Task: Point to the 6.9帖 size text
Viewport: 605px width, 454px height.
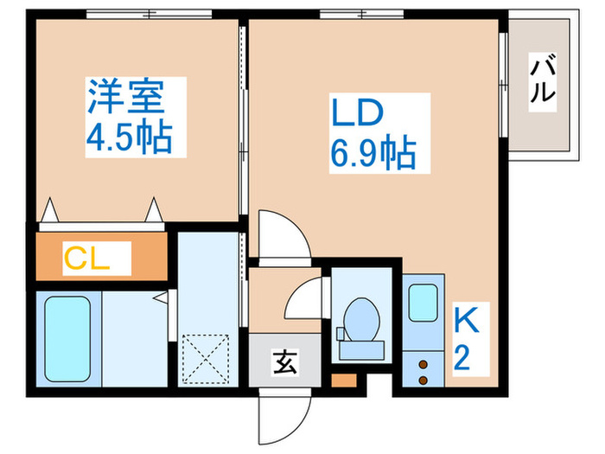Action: (371, 153)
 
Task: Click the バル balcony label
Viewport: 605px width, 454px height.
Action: (543, 78)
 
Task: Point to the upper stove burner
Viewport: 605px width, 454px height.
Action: (423, 364)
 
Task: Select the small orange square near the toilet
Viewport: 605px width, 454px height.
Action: (344, 379)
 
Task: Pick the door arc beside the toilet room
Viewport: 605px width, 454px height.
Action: (304, 298)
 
